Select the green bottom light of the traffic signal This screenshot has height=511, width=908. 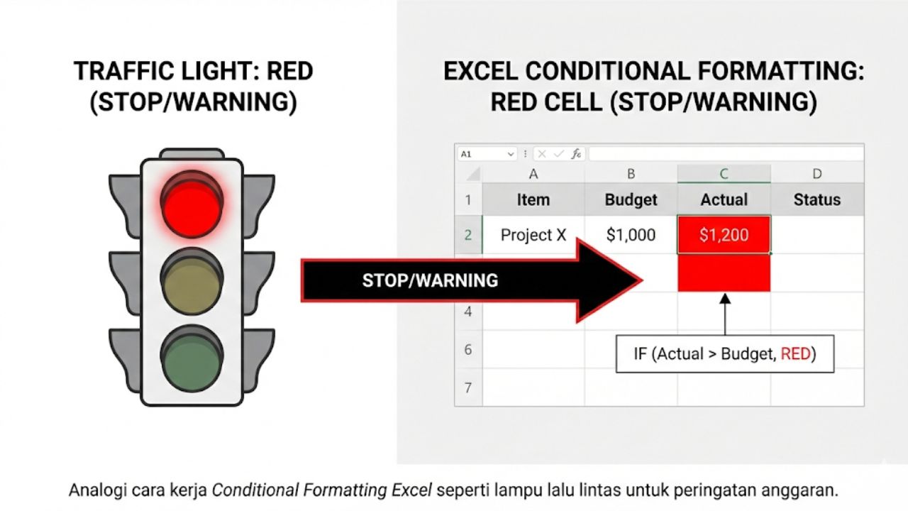[192, 357]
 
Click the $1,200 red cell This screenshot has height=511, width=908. [724, 235]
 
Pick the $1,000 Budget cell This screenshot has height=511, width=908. [631, 235]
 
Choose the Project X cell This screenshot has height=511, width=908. [533, 235]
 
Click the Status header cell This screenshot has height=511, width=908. [816, 200]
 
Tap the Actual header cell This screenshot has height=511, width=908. [724, 200]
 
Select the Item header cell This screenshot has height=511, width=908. [533, 200]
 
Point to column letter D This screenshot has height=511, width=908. [816, 174]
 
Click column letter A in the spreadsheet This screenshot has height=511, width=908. [533, 174]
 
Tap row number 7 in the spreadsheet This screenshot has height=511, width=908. [468, 388]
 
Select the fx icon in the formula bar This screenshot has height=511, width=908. [576, 154]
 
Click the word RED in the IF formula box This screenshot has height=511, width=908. [795, 353]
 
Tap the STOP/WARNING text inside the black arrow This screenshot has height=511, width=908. [430, 280]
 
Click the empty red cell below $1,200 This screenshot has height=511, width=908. [724, 273]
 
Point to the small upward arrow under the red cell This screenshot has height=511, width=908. [724, 312]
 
